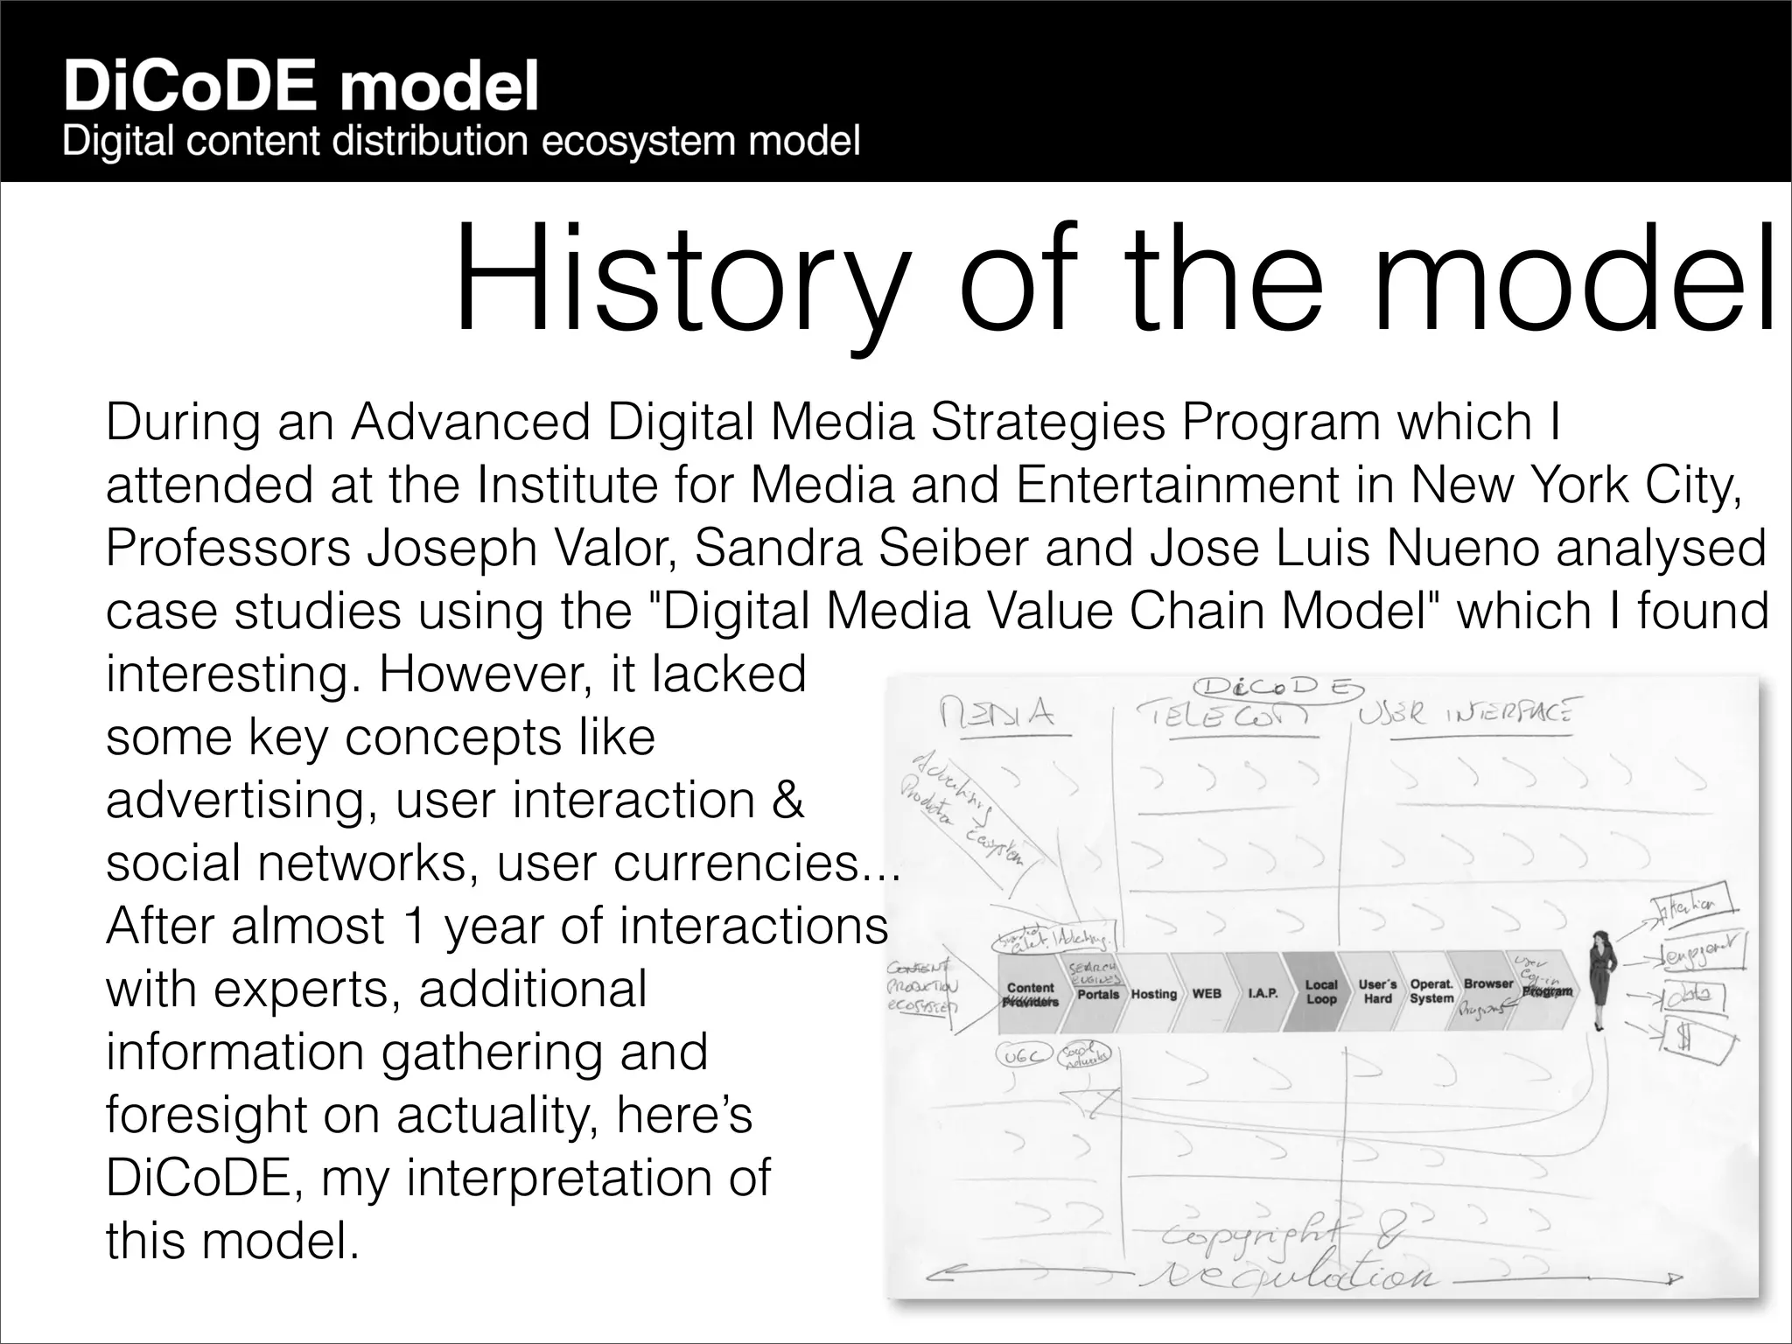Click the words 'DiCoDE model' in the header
point(300,87)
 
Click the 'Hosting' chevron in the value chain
point(1153,994)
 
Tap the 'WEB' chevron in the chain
point(1207,994)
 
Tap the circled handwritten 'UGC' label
point(1019,1057)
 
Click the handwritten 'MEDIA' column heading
point(997,716)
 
